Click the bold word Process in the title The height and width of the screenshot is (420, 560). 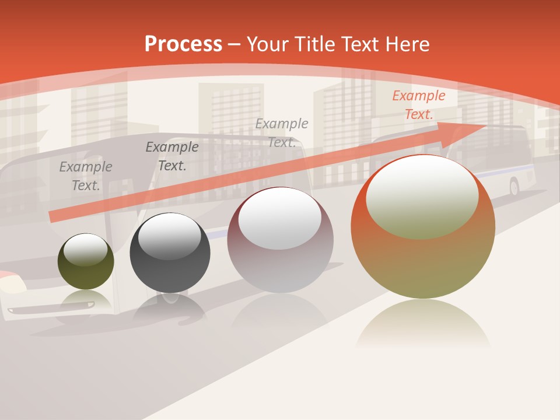183,44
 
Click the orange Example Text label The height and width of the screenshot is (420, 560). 418,105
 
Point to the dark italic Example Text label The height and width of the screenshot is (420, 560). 172,156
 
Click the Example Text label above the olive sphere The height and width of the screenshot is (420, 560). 86,176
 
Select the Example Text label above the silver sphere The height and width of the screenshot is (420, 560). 282,133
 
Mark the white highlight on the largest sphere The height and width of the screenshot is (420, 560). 422,195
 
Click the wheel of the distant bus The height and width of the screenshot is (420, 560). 514,187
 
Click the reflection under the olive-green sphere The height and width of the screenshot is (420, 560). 86,300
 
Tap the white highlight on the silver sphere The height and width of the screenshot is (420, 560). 280,218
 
